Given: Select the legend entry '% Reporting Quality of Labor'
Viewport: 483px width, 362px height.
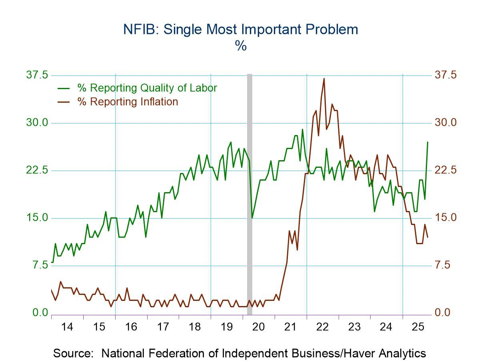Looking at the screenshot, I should (x=147, y=88).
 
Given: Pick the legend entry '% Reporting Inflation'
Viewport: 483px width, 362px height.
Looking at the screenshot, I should (x=128, y=101).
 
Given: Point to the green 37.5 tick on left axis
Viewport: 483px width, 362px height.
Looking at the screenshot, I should (x=37, y=75).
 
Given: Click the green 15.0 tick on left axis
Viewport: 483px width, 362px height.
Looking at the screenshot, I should (x=37, y=218).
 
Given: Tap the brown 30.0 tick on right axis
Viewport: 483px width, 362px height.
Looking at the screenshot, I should (x=445, y=123).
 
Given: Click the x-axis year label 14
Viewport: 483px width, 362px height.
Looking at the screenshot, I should (x=67, y=327).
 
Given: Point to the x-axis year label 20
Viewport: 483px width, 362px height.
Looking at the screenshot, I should (x=259, y=327).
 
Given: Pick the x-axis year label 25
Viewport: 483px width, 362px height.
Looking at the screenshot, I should (x=418, y=327).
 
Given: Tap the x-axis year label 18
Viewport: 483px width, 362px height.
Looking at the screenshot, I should (x=195, y=327).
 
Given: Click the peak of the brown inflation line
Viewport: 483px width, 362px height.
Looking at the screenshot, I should (x=324, y=78).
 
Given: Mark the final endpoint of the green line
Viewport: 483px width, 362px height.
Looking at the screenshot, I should (x=427, y=142).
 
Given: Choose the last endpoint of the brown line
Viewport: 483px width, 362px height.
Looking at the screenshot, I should (x=427, y=237).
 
